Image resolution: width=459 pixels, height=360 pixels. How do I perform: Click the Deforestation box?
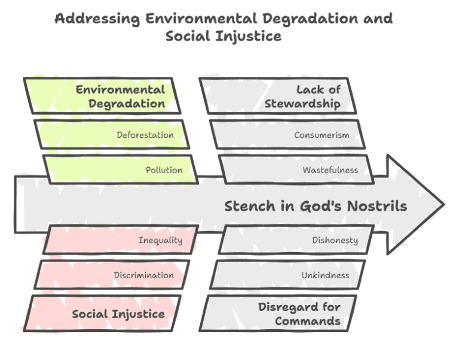[x=112, y=134]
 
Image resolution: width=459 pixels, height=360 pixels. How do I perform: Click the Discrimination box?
[x=112, y=275]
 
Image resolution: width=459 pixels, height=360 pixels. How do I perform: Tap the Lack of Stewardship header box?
[x=279, y=96]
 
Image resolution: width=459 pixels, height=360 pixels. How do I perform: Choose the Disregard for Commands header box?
[x=279, y=313]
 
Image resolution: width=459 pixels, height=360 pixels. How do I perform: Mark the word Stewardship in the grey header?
[x=302, y=103]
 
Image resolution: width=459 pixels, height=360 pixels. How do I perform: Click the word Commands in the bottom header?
[x=308, y=321]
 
